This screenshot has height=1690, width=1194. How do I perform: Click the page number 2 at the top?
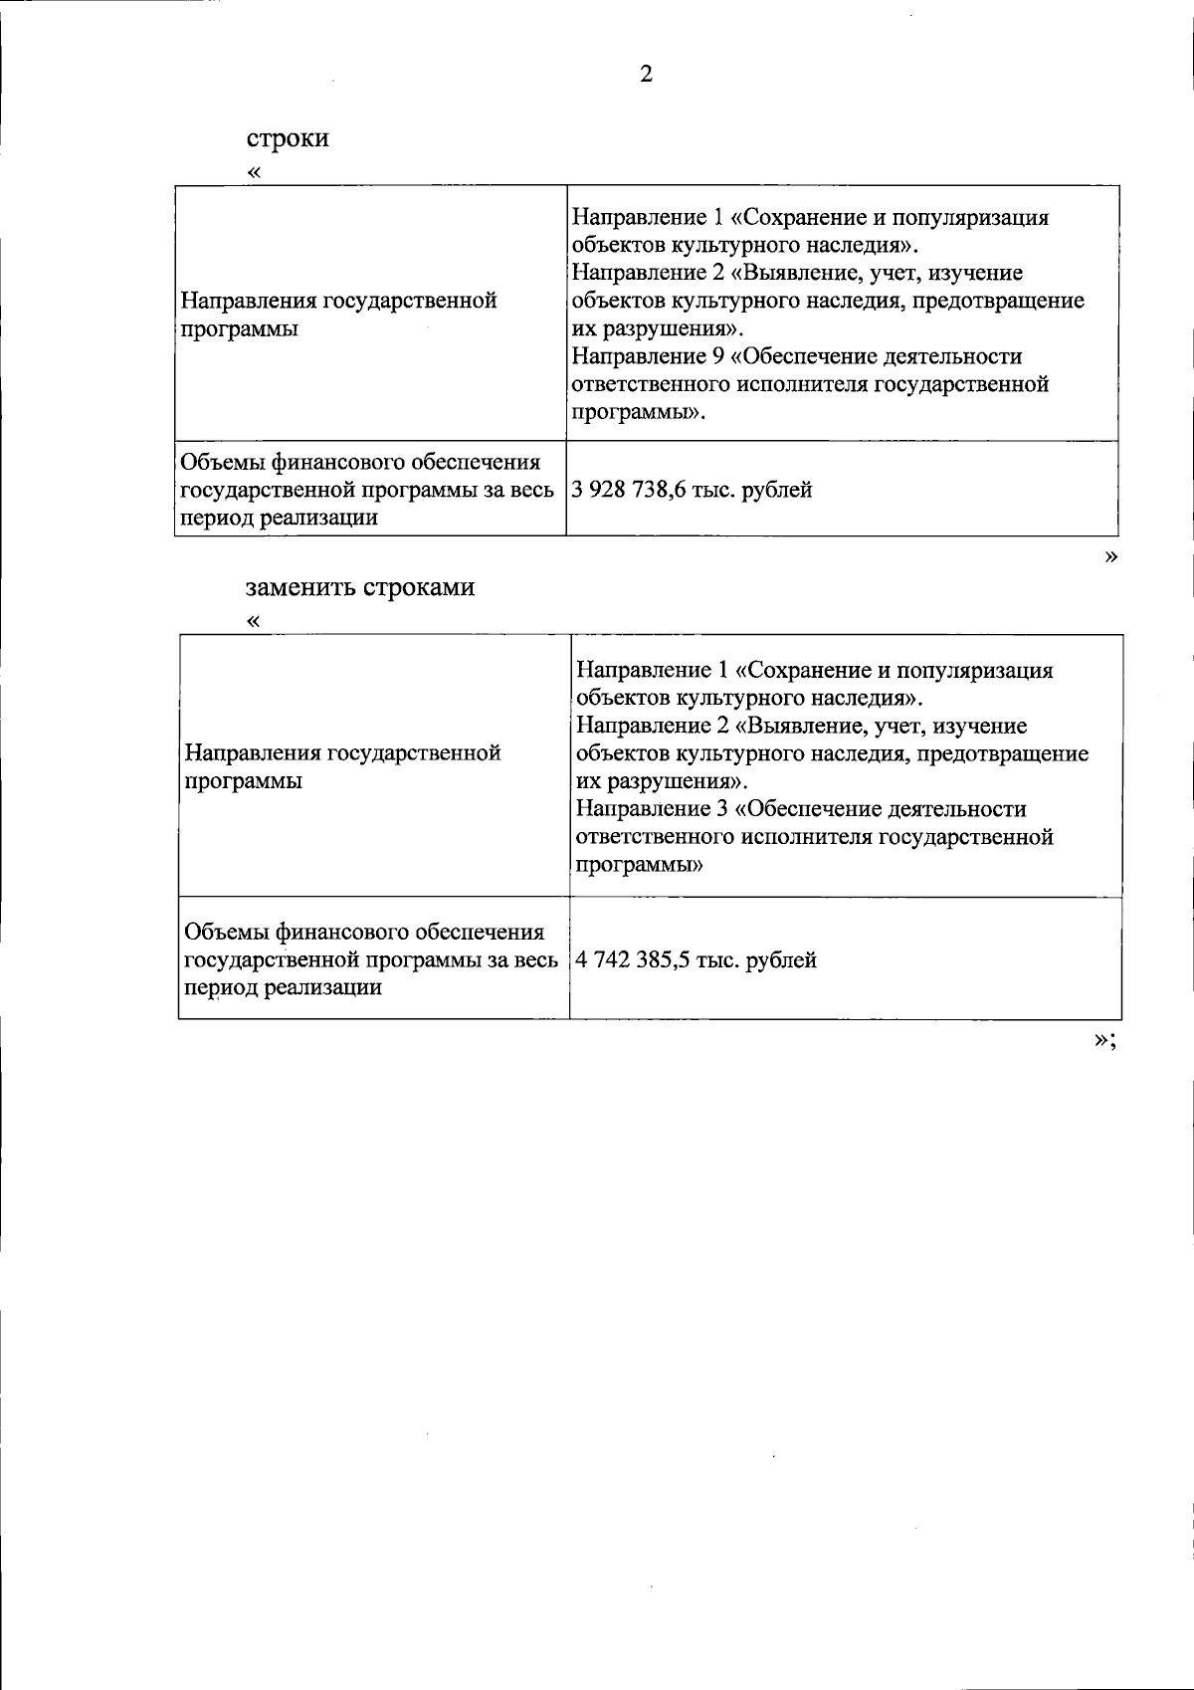click(646, 75)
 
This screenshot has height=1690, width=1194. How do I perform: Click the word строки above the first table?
click(288, 137)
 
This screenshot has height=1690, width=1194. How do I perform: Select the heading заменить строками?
click(360, 586)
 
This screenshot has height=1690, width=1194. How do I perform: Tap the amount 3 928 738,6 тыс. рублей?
click(692, 490)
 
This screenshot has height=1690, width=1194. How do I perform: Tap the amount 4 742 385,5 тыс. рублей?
click(696, 960)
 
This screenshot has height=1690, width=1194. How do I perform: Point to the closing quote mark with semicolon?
click(1103, 1039)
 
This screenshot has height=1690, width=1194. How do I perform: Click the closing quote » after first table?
click(1110, 556)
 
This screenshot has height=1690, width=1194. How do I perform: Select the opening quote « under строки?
click(254, 172)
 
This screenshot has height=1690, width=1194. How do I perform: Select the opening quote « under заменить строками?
click(254, 622)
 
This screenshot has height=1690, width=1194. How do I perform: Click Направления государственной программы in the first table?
click(338, 315)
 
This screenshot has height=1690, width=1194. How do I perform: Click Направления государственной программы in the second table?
click(343, 766)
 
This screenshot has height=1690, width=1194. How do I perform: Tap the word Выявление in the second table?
click(813, 726)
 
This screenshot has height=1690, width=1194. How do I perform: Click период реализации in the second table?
click(284, 987)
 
